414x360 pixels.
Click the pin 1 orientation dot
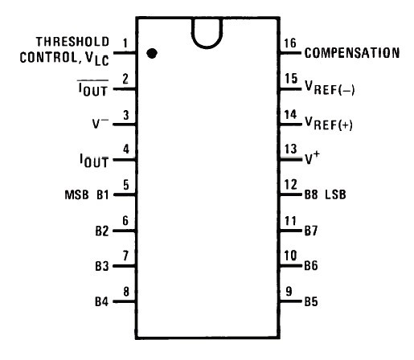click(152, 53)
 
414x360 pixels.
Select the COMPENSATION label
click(352, 53)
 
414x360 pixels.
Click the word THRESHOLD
click(72, 42)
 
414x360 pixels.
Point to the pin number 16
click(290, 43)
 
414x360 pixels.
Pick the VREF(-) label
click(330, 88)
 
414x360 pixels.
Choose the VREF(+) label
click(329, 124)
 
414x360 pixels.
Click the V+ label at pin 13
click(312, 157)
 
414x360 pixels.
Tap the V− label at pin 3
click(100, 123)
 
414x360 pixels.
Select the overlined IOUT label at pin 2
click(93, 88)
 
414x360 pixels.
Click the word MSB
click(76, 194)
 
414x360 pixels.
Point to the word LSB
click(335, 194)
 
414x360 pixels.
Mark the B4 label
click(102, 301)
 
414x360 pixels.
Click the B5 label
click(311, 301)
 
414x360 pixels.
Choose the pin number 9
click(289, 292)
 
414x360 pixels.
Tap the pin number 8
click(126, 292)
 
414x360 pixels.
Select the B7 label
click(311, 231)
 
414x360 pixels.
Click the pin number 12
click(291, 185)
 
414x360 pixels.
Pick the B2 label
click(102, 231)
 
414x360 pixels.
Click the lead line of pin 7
click(125, 266)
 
